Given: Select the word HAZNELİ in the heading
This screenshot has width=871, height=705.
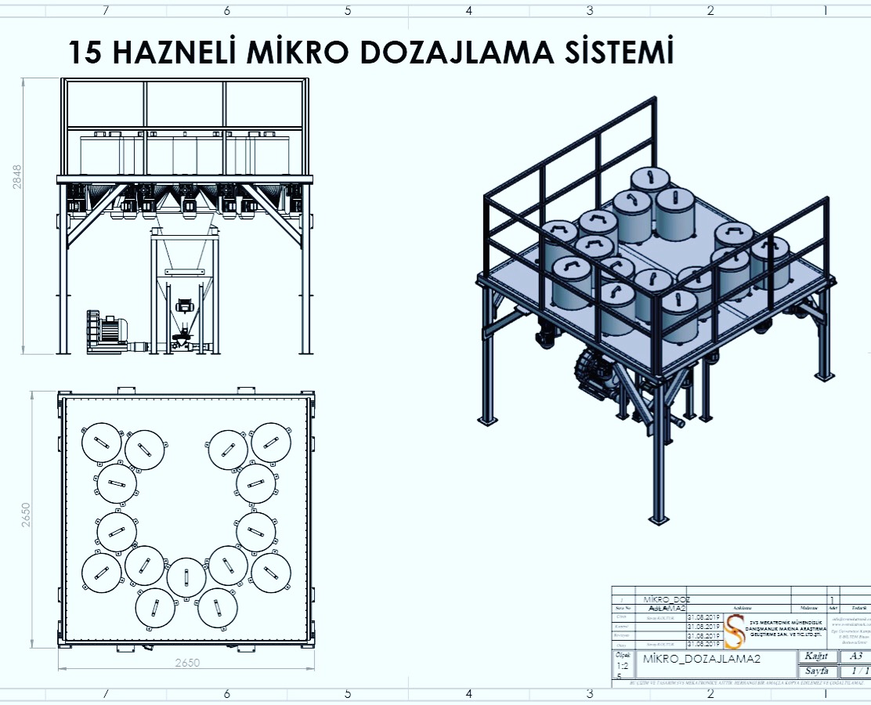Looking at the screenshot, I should [x=175, y=52].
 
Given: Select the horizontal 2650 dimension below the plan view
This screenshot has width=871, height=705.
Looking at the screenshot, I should [x=186, y=663].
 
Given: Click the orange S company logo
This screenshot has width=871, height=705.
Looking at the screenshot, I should [x=735, y=631].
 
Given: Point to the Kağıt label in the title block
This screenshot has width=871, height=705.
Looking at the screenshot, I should [x=815, y=656].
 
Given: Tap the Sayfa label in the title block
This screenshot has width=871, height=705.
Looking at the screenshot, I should [x=815, y=671].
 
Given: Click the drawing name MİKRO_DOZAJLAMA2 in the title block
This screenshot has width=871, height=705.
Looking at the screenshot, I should [x=701, y=659].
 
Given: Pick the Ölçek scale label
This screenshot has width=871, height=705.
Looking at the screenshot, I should [x=623, y=655].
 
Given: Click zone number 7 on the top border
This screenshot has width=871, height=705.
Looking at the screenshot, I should [x=106, y=11].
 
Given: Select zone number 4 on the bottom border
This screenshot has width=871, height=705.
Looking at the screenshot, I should [x=468, y=694].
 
